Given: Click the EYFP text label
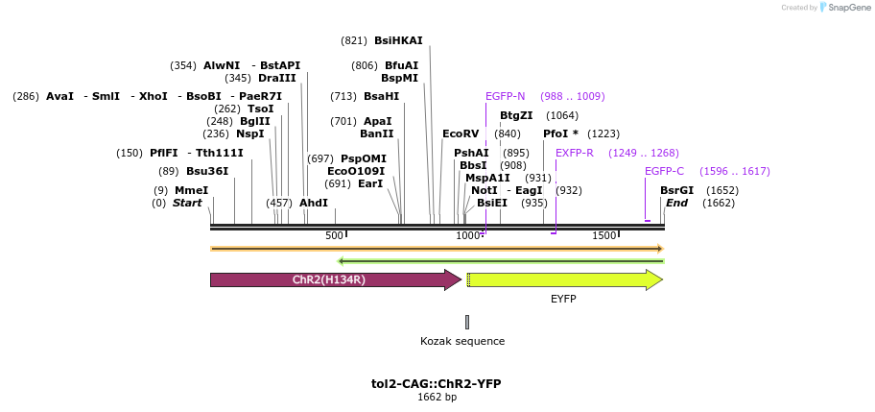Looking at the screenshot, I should pyautogui.click(x=563, y=300).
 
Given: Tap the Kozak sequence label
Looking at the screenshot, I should pyautogui.click(x=462, y=341).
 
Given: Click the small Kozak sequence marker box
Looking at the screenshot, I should pyautogui.click(x=467, y=322).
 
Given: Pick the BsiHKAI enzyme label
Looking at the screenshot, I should pyautogui.click(x=398, y=40).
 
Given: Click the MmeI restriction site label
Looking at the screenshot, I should pyautogui.click(x=191, y=190).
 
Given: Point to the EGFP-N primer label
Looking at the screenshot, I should pyautogui.click(x=505, y=96).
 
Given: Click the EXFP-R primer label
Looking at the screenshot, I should pyautogui.click(x=575, y=153).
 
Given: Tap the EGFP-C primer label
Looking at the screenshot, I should pyautogui.click(x=664, y=171).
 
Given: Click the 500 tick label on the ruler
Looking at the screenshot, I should pyautogui.click(x=334, y=236).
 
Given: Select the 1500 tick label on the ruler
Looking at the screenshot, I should pyautogui.click(x=603, y=236).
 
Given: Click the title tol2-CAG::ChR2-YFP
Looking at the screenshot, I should pyautogui.click(x=437, y=383).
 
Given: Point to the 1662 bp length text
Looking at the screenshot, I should pyautogui.click(x=437, y=397).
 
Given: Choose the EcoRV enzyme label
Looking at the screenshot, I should pyautogui.click(x=461, y=133).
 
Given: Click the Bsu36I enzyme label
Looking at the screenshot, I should pyautogui.click(x=207, y=171).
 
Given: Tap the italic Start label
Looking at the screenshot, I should pyautogui.click(x=187, y=203).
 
